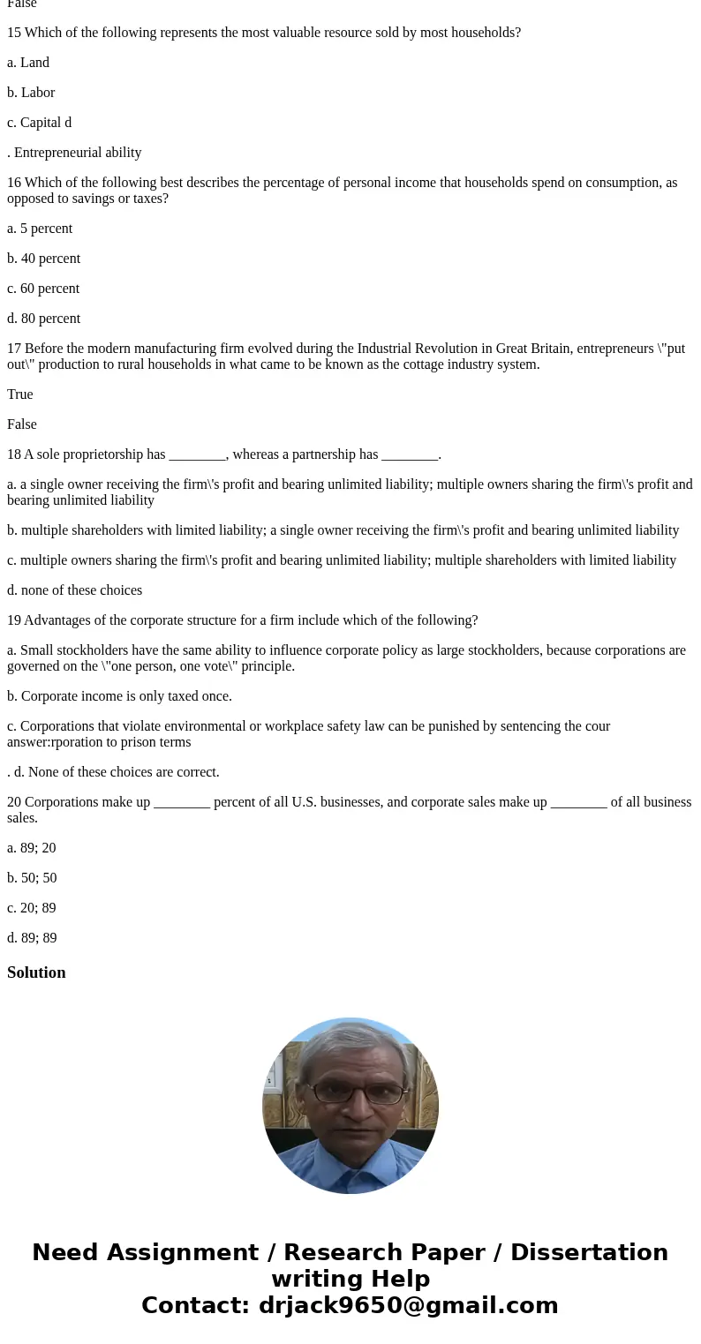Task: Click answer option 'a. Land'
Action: pos(28,63)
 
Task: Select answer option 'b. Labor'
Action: pos(31,93)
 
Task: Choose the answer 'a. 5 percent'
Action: pos(40,229)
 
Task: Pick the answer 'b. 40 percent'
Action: pos(43,259)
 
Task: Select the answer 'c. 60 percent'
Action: pos(43,289)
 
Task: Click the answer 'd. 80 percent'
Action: pos(43,319)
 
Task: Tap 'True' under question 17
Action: pos(20,394)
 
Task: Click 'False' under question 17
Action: pos(22,424)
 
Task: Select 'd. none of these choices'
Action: pos(74,590)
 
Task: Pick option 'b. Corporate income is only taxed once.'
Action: pos(119,696)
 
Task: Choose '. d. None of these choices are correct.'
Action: pos(113,772)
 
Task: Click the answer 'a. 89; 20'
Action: pos(32,848)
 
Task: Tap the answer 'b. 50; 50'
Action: pos(32,878)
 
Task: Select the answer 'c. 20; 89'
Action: pos(32,908)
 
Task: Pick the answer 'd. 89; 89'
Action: pos(32,938)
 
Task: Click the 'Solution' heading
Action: pos(36,972)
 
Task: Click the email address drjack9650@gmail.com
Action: pos(408,1305)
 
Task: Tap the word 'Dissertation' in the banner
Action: pos(589,1252)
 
